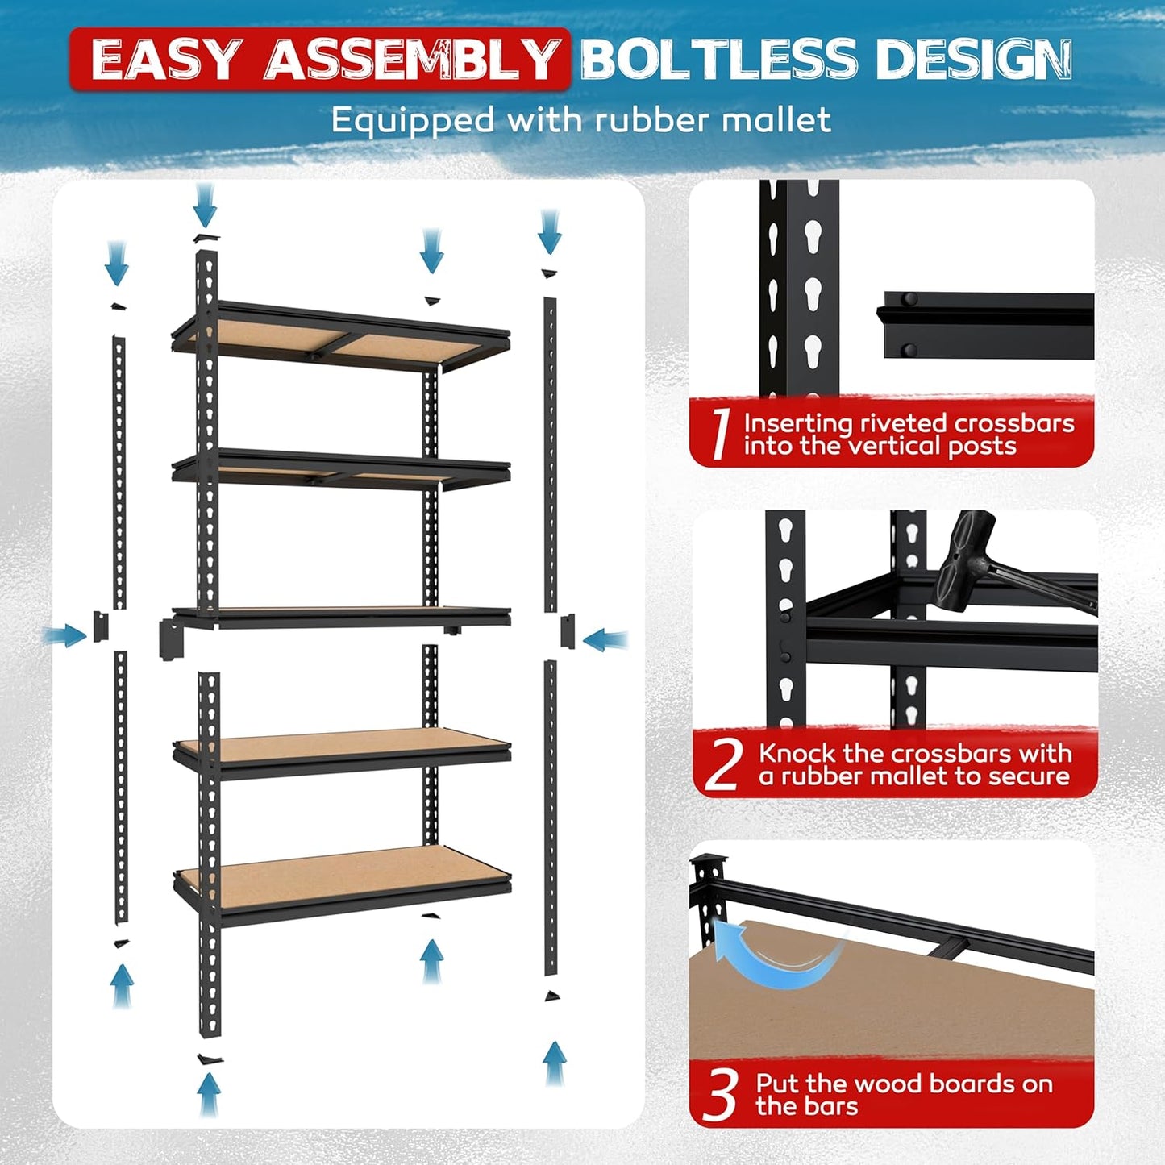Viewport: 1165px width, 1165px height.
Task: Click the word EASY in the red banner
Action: [x=164, y=59]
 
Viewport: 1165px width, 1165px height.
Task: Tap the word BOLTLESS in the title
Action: [x=718, y=59]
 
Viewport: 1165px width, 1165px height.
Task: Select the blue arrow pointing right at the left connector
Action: [x=64, y=636]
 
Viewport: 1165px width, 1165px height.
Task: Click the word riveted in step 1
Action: [x=902, y=423]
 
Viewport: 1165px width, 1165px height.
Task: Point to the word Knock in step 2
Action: [x=797, y=754]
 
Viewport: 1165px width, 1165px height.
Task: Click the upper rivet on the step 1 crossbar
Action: [x=910, y=300]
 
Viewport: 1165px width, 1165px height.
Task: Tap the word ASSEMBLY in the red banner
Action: [x=411, y=59]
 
